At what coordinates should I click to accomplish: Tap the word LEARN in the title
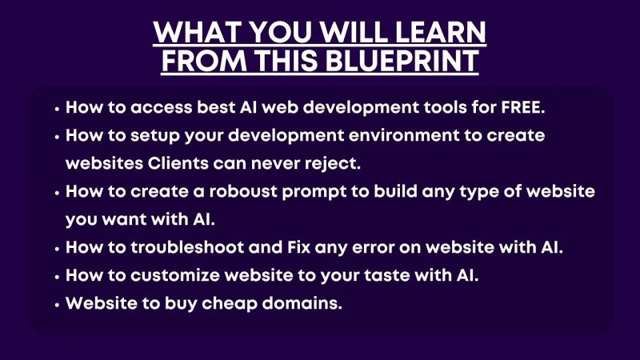click(441, 32)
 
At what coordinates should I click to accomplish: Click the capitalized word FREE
click(523, 107)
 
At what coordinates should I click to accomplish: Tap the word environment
click(404, 135)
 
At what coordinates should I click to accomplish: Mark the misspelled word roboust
click(243, 191)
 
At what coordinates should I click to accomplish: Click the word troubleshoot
click(187, 247)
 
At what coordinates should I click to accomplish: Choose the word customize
click(175, 275)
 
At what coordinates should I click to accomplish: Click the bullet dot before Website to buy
click(57, 305)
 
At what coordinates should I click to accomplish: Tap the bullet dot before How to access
click(57, 109)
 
